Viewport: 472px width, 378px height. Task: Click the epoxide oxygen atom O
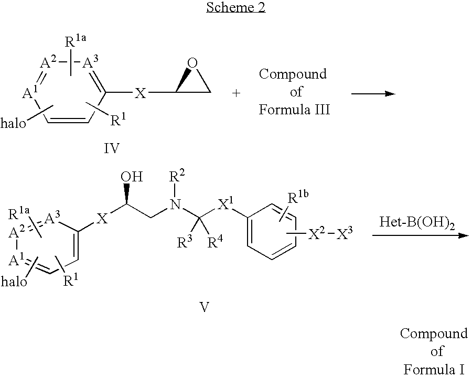(193, 63)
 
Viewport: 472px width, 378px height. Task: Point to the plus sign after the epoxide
(237, 93)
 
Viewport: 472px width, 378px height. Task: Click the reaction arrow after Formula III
(372, 93)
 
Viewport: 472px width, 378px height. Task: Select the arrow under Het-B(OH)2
(419, 235)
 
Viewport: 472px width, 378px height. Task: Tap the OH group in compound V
(131, 176)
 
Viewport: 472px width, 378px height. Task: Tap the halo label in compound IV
(15, 124)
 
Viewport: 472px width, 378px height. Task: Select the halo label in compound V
(15, 282)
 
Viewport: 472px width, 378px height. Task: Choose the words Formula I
(433, 369)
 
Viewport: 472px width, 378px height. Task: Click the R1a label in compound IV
(78, 41)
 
